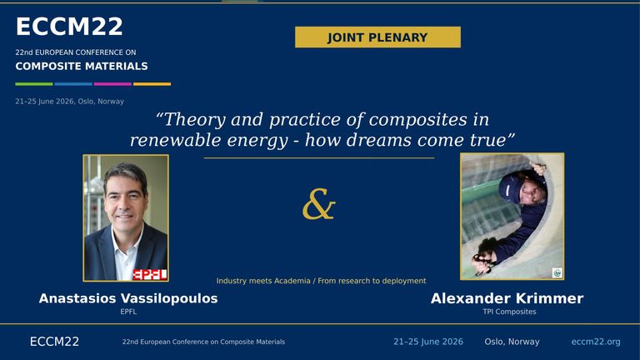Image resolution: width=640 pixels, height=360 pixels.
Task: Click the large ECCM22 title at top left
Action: [x=69, y=27]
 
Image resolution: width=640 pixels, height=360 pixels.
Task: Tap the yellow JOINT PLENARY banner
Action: [x=377, y=37]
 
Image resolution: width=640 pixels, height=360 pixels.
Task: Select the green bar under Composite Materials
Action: [x=34, y=84]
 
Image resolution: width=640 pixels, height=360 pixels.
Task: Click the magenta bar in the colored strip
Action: [x=112, y=84]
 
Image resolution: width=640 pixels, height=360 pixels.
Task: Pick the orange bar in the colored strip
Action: [x=152, y=84]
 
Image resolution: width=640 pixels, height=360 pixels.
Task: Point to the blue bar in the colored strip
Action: [x=73, y=84]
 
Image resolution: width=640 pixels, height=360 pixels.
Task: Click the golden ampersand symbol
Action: [x=319, y=203]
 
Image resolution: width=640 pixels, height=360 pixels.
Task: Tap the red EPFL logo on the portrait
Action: [x=150, y=275]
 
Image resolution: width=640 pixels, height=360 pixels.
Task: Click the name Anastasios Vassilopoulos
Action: [x=128, y=298]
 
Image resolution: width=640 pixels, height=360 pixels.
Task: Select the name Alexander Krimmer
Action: [x=507, y=298]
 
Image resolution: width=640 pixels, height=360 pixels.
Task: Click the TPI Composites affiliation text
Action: [x=509, y=312]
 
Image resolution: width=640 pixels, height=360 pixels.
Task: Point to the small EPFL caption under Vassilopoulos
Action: [x=128, y=312]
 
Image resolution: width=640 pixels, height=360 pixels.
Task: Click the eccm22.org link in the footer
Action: [x=596, y=342]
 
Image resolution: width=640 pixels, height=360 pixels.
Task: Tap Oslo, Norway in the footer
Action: [x=512, y=342]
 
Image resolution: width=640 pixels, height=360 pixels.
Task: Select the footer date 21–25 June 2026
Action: [x=428, y=342]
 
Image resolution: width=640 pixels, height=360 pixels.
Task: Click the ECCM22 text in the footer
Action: [x=54, y=342]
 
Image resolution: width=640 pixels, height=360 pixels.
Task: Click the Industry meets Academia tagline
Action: [x=321, y=281]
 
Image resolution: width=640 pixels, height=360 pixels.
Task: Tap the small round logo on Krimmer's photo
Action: [x=557, y=272]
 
